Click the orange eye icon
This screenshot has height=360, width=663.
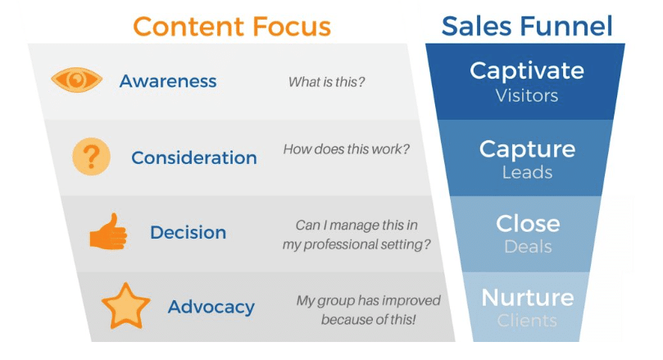(x=76, y=80)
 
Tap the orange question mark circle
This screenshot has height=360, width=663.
(x=91, y=157)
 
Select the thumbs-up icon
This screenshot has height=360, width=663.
(x=108, y=231)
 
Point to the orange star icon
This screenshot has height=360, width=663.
(x=125, y=306)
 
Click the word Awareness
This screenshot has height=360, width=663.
(x=168, y=81)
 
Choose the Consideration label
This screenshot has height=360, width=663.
(x=194, y=157)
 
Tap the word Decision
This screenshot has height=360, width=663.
(x=188, y=232)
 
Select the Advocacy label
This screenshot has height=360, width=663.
(x=211, y=308)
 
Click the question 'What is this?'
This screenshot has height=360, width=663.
(x=326, y=82)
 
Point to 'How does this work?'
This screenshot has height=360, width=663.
(x=347, y=149)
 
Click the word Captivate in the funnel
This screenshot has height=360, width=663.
(x=527, y=71)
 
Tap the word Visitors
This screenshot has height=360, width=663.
(x=527, y=96)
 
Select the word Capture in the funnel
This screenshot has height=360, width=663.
(x=527, y=149)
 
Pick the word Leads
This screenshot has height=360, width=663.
(x=527, y=172)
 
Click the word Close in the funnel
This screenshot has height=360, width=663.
(x=528, y=223)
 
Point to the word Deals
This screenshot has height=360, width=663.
(x=528, y=247)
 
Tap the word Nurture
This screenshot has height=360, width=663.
(x=528, y=298)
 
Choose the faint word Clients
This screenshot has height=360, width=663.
(x=527, y=321)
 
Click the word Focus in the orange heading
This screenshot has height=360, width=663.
(x=293, y=26)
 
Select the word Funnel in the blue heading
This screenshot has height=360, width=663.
(x=566, y=26)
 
